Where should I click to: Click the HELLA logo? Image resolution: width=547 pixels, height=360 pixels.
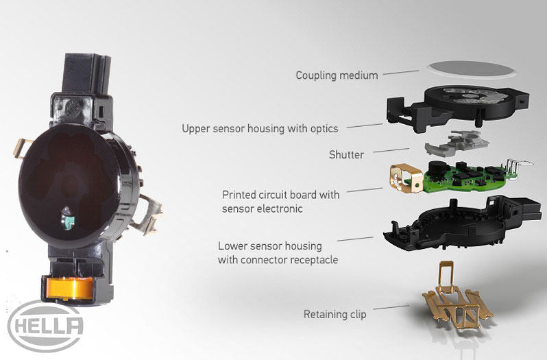click(45, 326)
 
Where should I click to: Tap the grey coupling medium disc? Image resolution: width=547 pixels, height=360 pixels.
click(472, 69)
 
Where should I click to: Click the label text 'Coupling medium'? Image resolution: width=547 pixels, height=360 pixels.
click(337, 75)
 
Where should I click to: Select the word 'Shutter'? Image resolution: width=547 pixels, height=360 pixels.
click(346, 154)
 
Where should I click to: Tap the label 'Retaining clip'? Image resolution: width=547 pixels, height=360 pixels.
click(335, 314)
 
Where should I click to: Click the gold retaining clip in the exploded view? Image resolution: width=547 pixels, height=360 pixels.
click(457, 300)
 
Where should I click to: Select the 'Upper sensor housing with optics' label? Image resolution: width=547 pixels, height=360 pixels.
click(260, 128)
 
